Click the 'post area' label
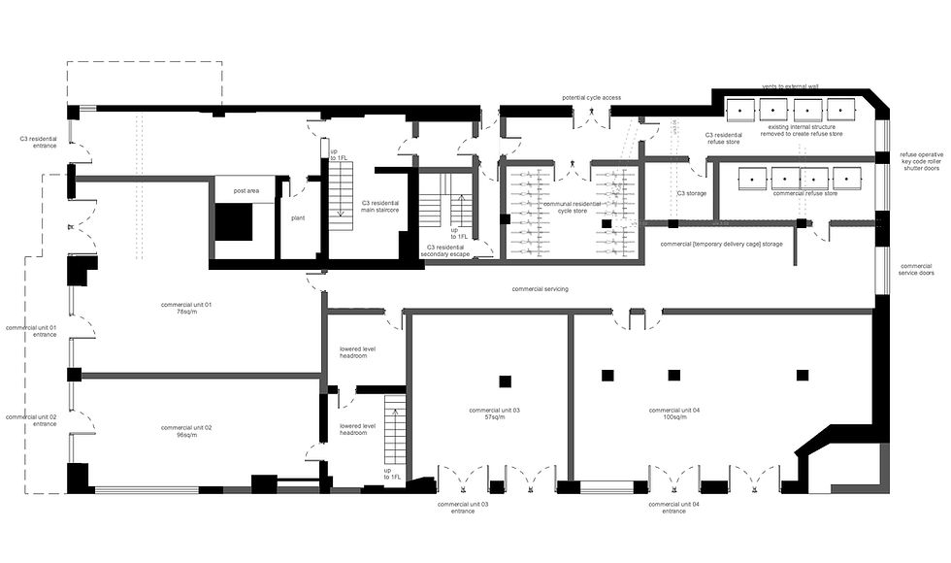pos(246,191)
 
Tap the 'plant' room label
pos(299,218)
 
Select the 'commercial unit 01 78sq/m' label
pos(194,309)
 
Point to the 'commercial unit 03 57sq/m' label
pos(494,414)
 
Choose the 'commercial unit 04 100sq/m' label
pos(674,414)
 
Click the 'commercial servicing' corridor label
pos(541,289)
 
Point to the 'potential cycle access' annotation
pos(591,98)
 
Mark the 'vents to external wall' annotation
pos(790,86)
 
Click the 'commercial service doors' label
pos(916,269)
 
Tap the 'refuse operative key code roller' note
pos(921,159)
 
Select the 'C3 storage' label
pos(691,193)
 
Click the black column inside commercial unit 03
pos(504,380)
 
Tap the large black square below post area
pos(233,224)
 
